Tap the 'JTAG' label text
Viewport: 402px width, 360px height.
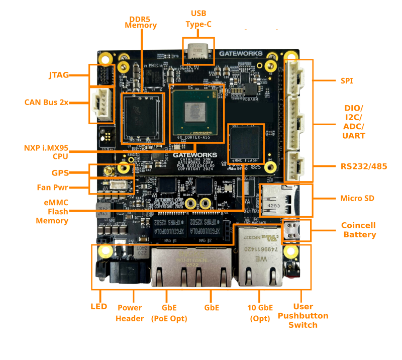[59, 75]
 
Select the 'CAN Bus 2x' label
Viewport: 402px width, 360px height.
[46, 103]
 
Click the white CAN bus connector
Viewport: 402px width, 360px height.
[103, 105]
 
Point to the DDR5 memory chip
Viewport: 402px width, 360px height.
[142, 117]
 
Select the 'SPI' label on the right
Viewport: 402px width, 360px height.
[347, 80]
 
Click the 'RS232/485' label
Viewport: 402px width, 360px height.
[363, 166]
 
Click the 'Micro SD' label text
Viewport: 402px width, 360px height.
[357, 199]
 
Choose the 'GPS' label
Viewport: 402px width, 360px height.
[60, 172]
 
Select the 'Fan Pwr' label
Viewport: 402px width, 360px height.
[52, 188]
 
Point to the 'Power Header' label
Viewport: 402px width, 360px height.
[130, 313]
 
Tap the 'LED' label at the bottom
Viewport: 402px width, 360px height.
[98, 307]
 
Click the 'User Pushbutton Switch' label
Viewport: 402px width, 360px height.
[303, 316]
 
